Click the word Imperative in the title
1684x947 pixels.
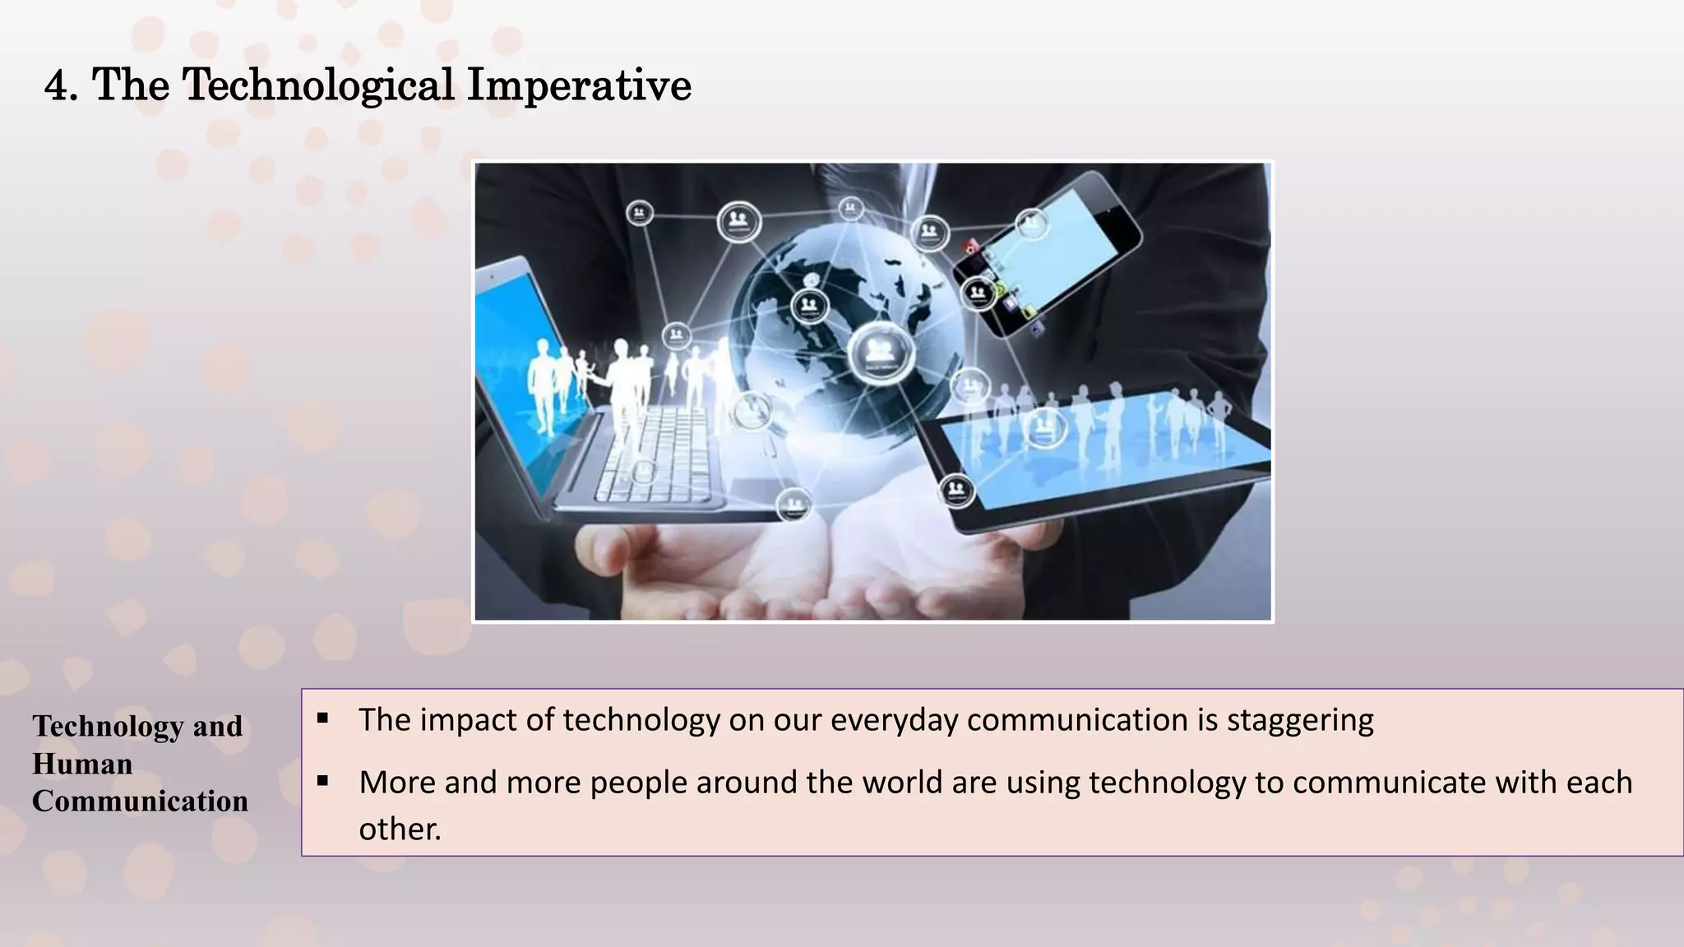(579, 85)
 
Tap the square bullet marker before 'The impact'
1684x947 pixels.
(322, 718)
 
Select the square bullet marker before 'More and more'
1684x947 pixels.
(322, 781)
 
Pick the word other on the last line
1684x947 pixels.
(400, 829)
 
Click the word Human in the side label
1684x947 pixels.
(82, 765)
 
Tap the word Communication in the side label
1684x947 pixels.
(140, 801)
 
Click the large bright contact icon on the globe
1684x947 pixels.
(881, 353)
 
